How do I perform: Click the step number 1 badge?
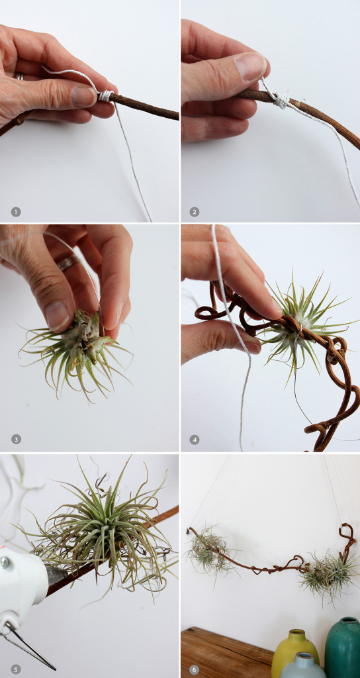(x=16, y=212)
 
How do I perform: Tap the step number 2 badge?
(x=195, y=212)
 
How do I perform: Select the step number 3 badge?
(x=16, y=439)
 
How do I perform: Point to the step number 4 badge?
(x=195, y=439)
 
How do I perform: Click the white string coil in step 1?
(x=105, y=96)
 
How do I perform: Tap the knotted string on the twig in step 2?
(x=281, y=100)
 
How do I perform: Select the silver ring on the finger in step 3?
(x=66, y=264)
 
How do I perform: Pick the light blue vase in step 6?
(x=302, y=666)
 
